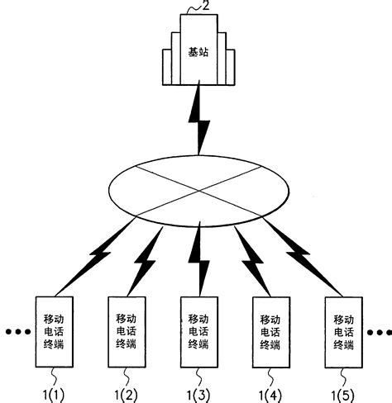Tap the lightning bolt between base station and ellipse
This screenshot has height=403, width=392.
pos(199,121)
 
